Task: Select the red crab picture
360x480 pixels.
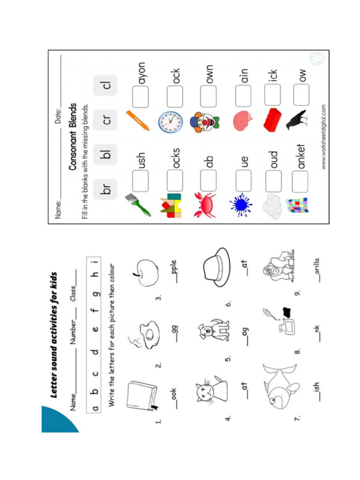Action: pos(204,205)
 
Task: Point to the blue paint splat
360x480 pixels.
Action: pos(240,205)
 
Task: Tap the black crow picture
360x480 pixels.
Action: pos(297,120)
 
